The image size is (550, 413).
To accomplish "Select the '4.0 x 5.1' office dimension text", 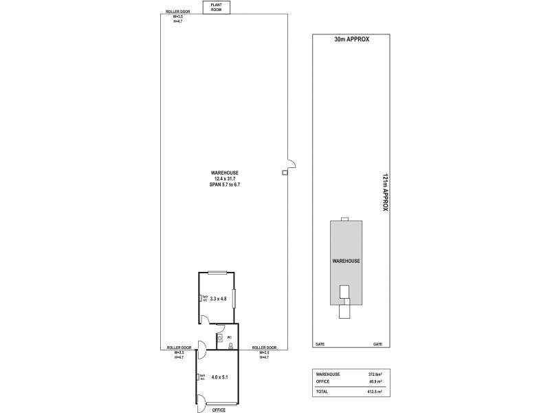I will (219, 377).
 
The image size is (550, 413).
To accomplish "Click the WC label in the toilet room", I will (220, 337).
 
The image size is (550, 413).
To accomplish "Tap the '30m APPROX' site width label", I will (351, 40).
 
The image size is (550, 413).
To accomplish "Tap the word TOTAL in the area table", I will (322, 392).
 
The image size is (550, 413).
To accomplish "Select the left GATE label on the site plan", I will (320, 343).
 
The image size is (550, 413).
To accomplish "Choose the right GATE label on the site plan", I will (377, 343).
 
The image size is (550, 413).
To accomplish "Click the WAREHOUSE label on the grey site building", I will (347, 261).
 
